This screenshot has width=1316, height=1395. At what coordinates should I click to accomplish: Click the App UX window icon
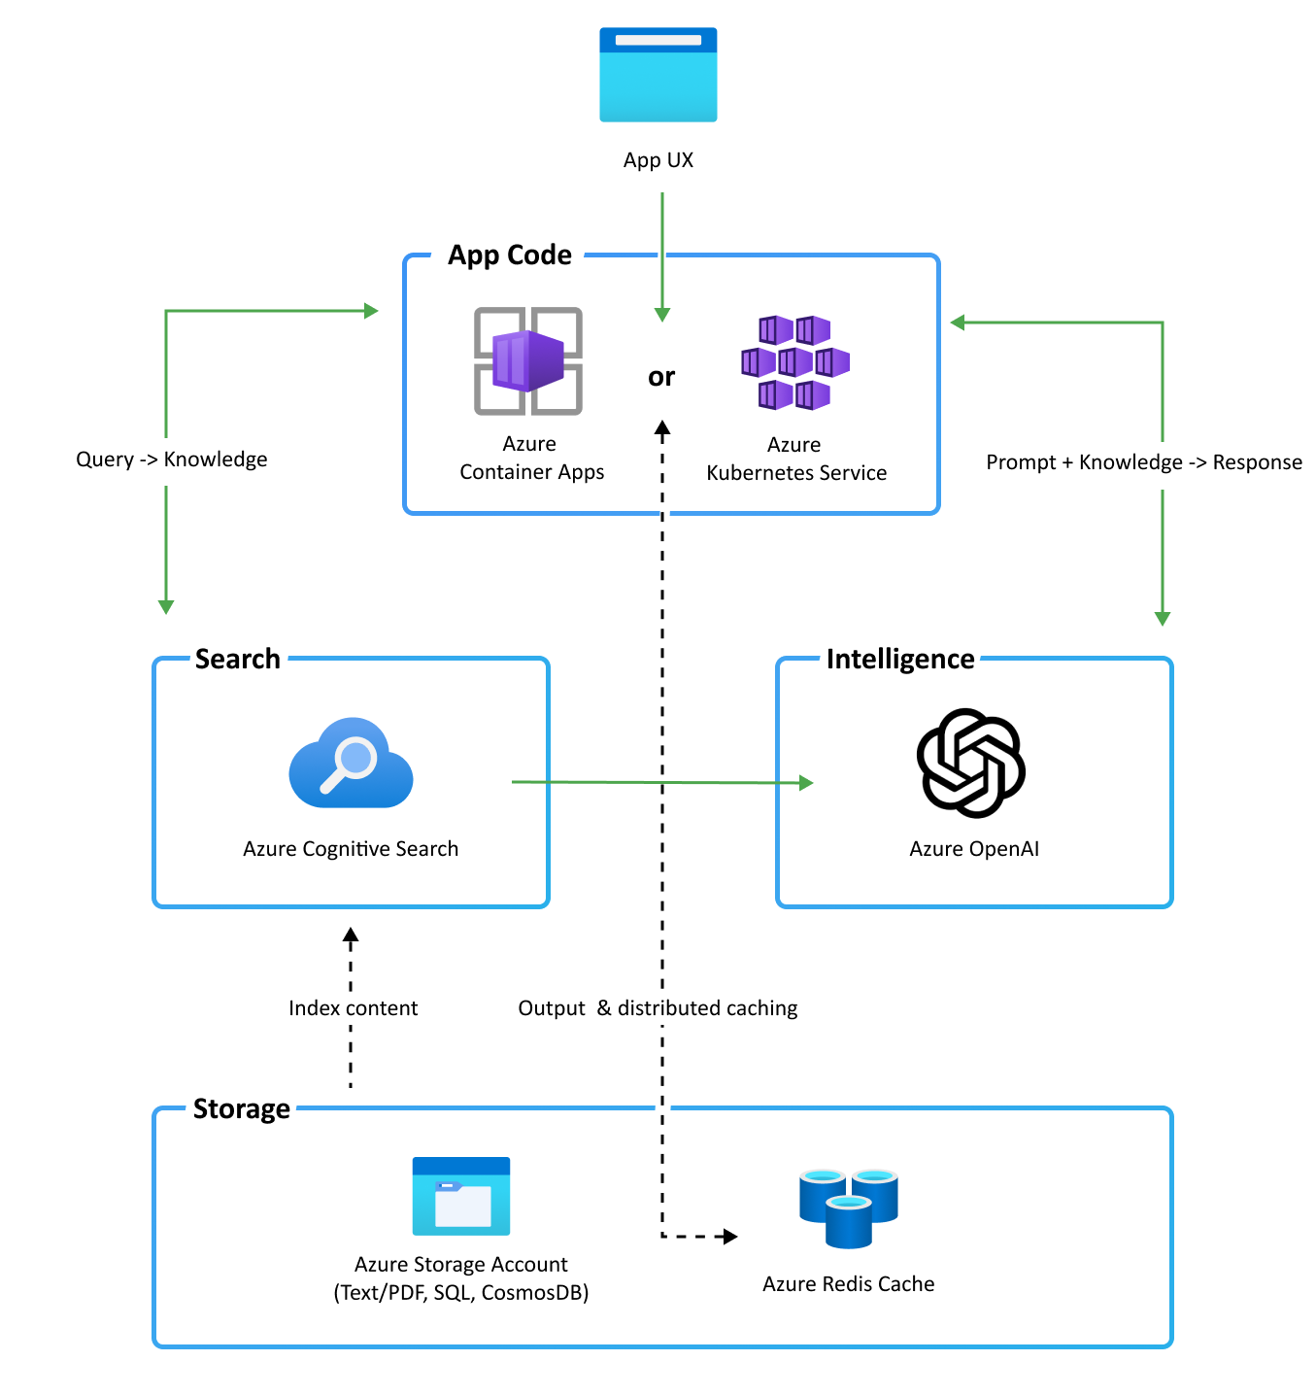[x=658, y=75]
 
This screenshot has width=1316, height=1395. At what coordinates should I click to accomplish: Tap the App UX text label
[x=658, y=160]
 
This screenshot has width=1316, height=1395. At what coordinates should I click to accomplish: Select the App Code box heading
[x=509, y=255]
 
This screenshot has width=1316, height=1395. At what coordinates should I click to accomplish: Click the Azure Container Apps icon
[x=528, y=361]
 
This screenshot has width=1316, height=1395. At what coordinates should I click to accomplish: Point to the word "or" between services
[x=661, y=377]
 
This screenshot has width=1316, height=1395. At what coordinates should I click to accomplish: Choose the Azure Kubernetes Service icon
[x=794, y=361]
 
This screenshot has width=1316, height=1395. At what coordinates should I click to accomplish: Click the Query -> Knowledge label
[x=171, y=459]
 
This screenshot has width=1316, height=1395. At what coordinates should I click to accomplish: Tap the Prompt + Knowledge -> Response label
[x=1143, y=462]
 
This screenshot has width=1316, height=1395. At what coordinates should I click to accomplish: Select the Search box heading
[x=237, y=659]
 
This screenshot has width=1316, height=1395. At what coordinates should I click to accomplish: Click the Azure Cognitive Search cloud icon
[x=351, y=764]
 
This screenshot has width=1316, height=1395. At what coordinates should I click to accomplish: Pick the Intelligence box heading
[x=899, y=659]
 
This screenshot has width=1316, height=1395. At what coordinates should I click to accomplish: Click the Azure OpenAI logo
[x=971, y=764]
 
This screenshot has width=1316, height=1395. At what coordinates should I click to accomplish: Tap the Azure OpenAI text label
[x=973, y=849]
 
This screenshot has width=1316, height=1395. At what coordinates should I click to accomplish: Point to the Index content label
[x=353, y=1008]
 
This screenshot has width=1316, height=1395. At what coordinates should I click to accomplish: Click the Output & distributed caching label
[x=658, y=1008]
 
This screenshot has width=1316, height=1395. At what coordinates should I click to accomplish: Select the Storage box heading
[x=241, y=1108]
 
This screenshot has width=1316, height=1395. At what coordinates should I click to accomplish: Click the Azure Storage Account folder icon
[x=461, y=1196]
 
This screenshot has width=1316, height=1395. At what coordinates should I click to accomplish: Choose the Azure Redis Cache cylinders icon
[x=848, y=1208]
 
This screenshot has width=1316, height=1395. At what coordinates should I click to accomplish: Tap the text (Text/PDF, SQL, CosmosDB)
[x=461, y=1293]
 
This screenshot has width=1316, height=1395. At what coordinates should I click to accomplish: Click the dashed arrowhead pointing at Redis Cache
[x=730, y=1237]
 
